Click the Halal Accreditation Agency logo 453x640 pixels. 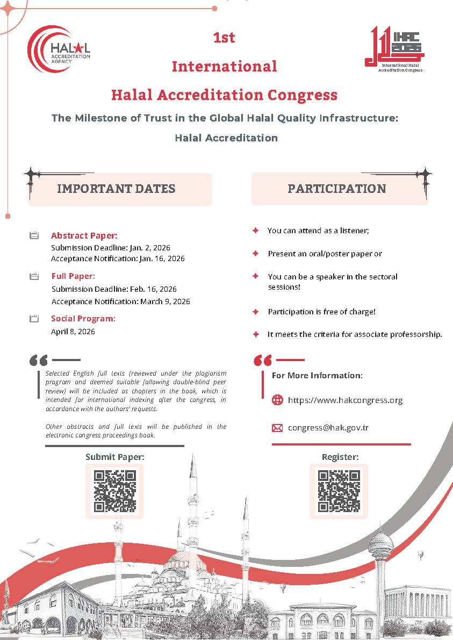pyautogui.click(x=59, y=47)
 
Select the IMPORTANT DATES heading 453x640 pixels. pyautogui.click(x=116, y=189)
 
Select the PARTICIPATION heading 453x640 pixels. pyautogui.click(x=337, y=189)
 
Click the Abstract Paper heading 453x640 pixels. pyautogui.click(x=84, y=235)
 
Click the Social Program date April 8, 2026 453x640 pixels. pyautogui.click(x=73, y=331)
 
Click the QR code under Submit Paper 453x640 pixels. pyautogui.click(x=114, y=491)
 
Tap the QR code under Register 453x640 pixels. pyautogui.click(x=339, y=491)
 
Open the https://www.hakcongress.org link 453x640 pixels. pyautogui.click(x=345, y=400)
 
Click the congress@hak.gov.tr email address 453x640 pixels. pyautogui.click(x=328, y=428)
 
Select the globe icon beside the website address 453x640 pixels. pyautogui.click(x=277, y=400)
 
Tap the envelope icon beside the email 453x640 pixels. pyautogui.click(x=277, y=428)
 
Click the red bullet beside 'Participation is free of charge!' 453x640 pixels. pyautogui.click(x=256, y=312)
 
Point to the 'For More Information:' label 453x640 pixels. pyautogui.click(x=317, y=375)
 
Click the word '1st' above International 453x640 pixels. pyautogui.click(x=224, y=38)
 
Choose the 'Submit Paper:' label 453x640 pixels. pyautogui.click(x=115, y=457)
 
